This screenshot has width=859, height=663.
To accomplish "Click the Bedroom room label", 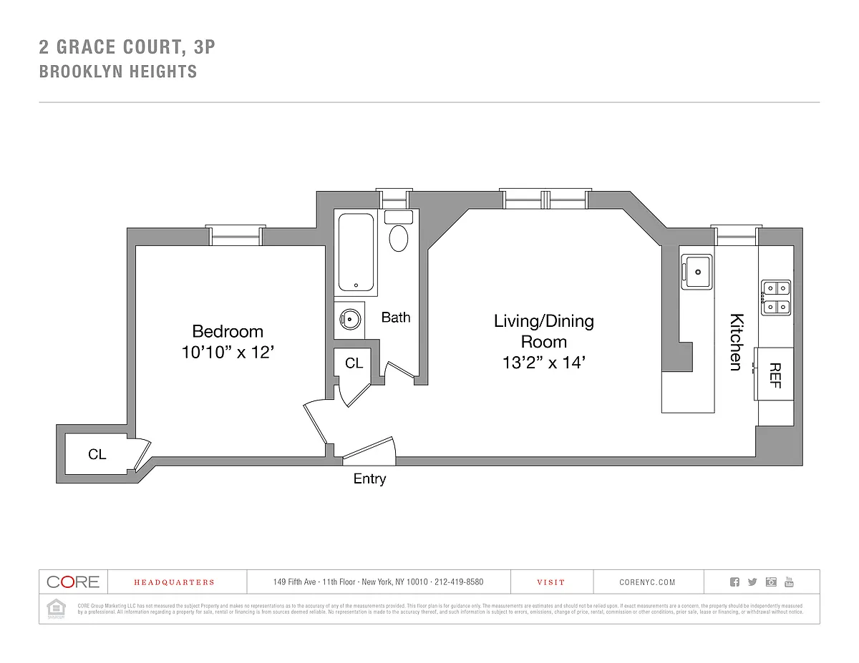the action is [x=228, y=332].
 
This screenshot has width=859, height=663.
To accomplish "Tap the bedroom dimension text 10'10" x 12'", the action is [x=228, y=353].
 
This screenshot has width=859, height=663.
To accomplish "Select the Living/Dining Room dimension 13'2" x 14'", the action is [x=543, y=363].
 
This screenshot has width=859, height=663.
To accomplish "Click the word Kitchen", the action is [x=735, y=342].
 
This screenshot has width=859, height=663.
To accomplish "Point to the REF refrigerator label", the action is [x=775, y=375].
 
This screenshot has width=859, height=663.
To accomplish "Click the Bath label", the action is [x=395, y=317].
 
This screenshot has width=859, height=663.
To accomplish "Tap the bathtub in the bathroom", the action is [x=356, y=252].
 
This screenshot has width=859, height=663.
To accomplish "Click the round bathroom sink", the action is [x=349, y=319].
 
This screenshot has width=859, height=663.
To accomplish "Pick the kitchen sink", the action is [x=696, y=271].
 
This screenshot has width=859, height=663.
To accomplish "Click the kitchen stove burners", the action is [x=776, y=298].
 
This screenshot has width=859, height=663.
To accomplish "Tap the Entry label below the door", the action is [x=369, y=479].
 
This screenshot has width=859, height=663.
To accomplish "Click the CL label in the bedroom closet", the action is [x=97, y=454].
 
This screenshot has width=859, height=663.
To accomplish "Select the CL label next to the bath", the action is [x=354, y=363].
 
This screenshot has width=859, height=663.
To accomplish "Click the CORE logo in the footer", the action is [x=72, y=581].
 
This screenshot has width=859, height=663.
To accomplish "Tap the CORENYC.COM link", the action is [x=647, y=582].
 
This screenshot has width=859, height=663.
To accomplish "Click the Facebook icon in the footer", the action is [x=734, y=581].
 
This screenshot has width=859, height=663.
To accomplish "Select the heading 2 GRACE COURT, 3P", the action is [x=127, y=48].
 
